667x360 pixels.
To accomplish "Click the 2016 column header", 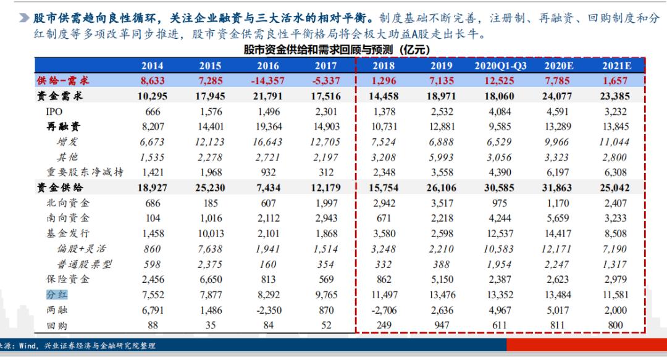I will click(x=267, y=66).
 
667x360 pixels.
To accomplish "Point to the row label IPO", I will click(x=54, y=112).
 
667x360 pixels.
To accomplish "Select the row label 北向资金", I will click(x=68, y=203).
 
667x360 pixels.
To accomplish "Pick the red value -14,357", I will click(x=267, y=81).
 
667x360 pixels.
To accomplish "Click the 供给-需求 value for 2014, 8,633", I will click(x=152, y=81).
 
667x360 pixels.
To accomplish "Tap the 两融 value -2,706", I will click(x=384, y=310).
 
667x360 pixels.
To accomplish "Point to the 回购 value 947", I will click(x=442, y=325).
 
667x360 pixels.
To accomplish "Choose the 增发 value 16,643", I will click(x=267, y=142).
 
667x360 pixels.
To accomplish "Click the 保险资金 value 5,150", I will click(x=442, y=279).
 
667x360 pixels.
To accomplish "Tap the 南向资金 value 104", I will click(x=152, y=218).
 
